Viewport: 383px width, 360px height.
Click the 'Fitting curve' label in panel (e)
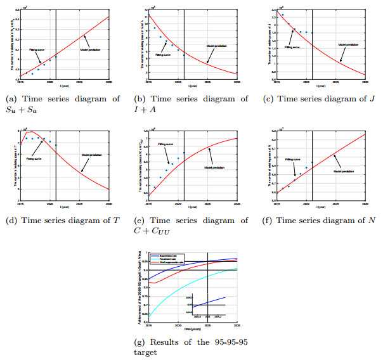click(166, 144)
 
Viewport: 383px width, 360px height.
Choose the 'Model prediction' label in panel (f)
click(344, 171)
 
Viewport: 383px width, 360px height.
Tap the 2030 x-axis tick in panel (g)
click(237, 325)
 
